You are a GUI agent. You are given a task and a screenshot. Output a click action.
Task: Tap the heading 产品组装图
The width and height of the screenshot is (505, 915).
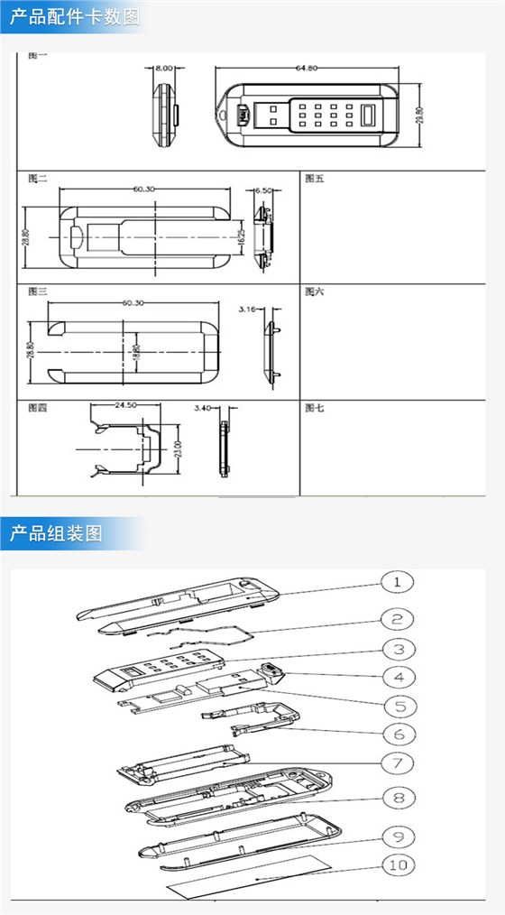pos(56,533)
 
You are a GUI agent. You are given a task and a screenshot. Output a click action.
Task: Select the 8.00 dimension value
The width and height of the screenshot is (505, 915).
pos(163,68)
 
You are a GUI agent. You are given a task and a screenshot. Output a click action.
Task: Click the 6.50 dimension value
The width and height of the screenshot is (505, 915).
pos(263,190)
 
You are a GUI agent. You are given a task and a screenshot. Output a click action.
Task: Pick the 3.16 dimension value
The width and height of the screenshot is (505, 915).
pos(249,309)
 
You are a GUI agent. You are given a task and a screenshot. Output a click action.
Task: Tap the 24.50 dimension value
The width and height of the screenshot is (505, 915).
pos(124,406)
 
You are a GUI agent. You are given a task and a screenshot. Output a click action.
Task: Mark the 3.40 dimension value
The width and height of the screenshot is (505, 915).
pos(203,408)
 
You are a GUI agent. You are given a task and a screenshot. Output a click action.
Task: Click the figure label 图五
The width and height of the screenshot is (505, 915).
pos(315,178)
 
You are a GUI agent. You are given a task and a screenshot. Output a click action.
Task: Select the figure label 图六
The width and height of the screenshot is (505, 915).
pos(315,291)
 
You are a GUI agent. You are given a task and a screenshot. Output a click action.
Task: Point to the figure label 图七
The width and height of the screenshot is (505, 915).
pos(315,408)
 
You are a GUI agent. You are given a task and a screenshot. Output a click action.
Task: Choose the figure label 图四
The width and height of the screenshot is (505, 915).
pos(37,408)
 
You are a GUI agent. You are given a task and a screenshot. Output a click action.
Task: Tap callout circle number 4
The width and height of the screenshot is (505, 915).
pos(396,676)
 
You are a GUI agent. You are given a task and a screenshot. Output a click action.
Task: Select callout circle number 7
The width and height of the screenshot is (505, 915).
pos(396,763)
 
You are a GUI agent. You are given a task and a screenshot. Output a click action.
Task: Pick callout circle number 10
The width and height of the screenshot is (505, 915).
pos(396,864)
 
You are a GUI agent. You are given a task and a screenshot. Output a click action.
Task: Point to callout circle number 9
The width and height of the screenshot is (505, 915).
pos(396,833)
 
